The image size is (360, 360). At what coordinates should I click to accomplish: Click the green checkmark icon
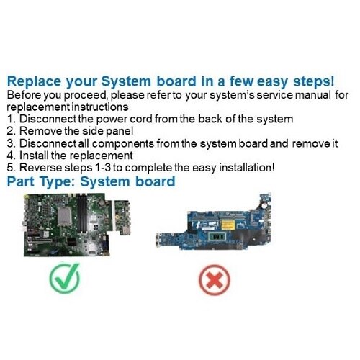pos(65,279)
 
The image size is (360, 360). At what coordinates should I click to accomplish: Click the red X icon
pos(215,280)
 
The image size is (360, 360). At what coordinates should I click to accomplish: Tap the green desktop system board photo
pos(77,225)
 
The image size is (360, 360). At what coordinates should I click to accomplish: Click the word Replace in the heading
pos(34,81)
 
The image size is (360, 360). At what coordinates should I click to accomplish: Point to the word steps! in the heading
pos(314,81)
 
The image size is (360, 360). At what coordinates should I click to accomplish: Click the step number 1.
pos(12,119)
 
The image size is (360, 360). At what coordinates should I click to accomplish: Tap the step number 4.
pos(12,156)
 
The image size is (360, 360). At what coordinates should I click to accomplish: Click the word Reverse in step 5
pos(40,168)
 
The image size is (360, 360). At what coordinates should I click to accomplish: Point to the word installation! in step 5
pos(247,168)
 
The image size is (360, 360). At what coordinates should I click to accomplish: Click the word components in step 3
pos(123,144)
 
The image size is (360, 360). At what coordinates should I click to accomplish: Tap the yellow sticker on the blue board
pos(228,225)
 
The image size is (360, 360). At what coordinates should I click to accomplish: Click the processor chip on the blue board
pos(217,237)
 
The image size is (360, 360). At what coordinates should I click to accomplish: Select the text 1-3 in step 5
pos(103,168)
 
